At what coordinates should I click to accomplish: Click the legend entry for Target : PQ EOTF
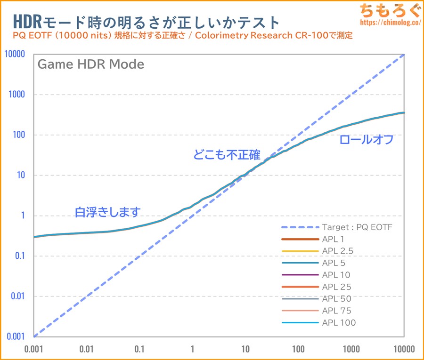tap(357, 227)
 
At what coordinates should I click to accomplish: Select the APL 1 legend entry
tap(336, 239)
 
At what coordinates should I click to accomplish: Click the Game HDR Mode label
tap(90, 64)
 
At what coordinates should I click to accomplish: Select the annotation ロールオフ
tap(366, 140)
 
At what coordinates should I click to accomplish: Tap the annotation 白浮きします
tap(107, 212)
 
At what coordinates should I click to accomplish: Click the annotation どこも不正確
tap(227, 155)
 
